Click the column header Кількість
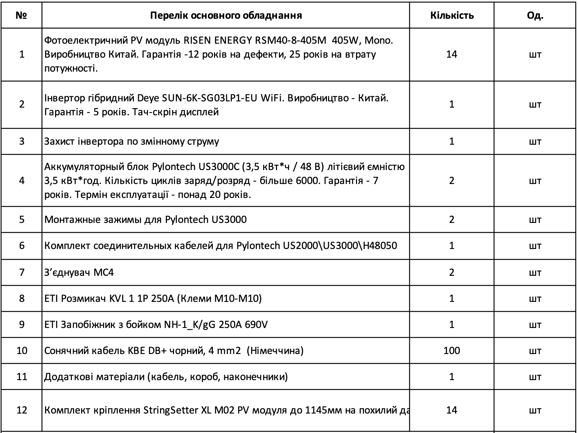point(451,15)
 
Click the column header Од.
point(535,15)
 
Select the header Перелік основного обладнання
point(226,15)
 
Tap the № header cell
point(22,15)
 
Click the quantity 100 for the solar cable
point(451,350)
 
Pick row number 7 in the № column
point(22,272)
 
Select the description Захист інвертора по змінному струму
point(132,141)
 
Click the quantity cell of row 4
point(451,180)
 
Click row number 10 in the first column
point(22,350)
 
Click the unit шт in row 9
point(535,324)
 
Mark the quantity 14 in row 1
point(451,54)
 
